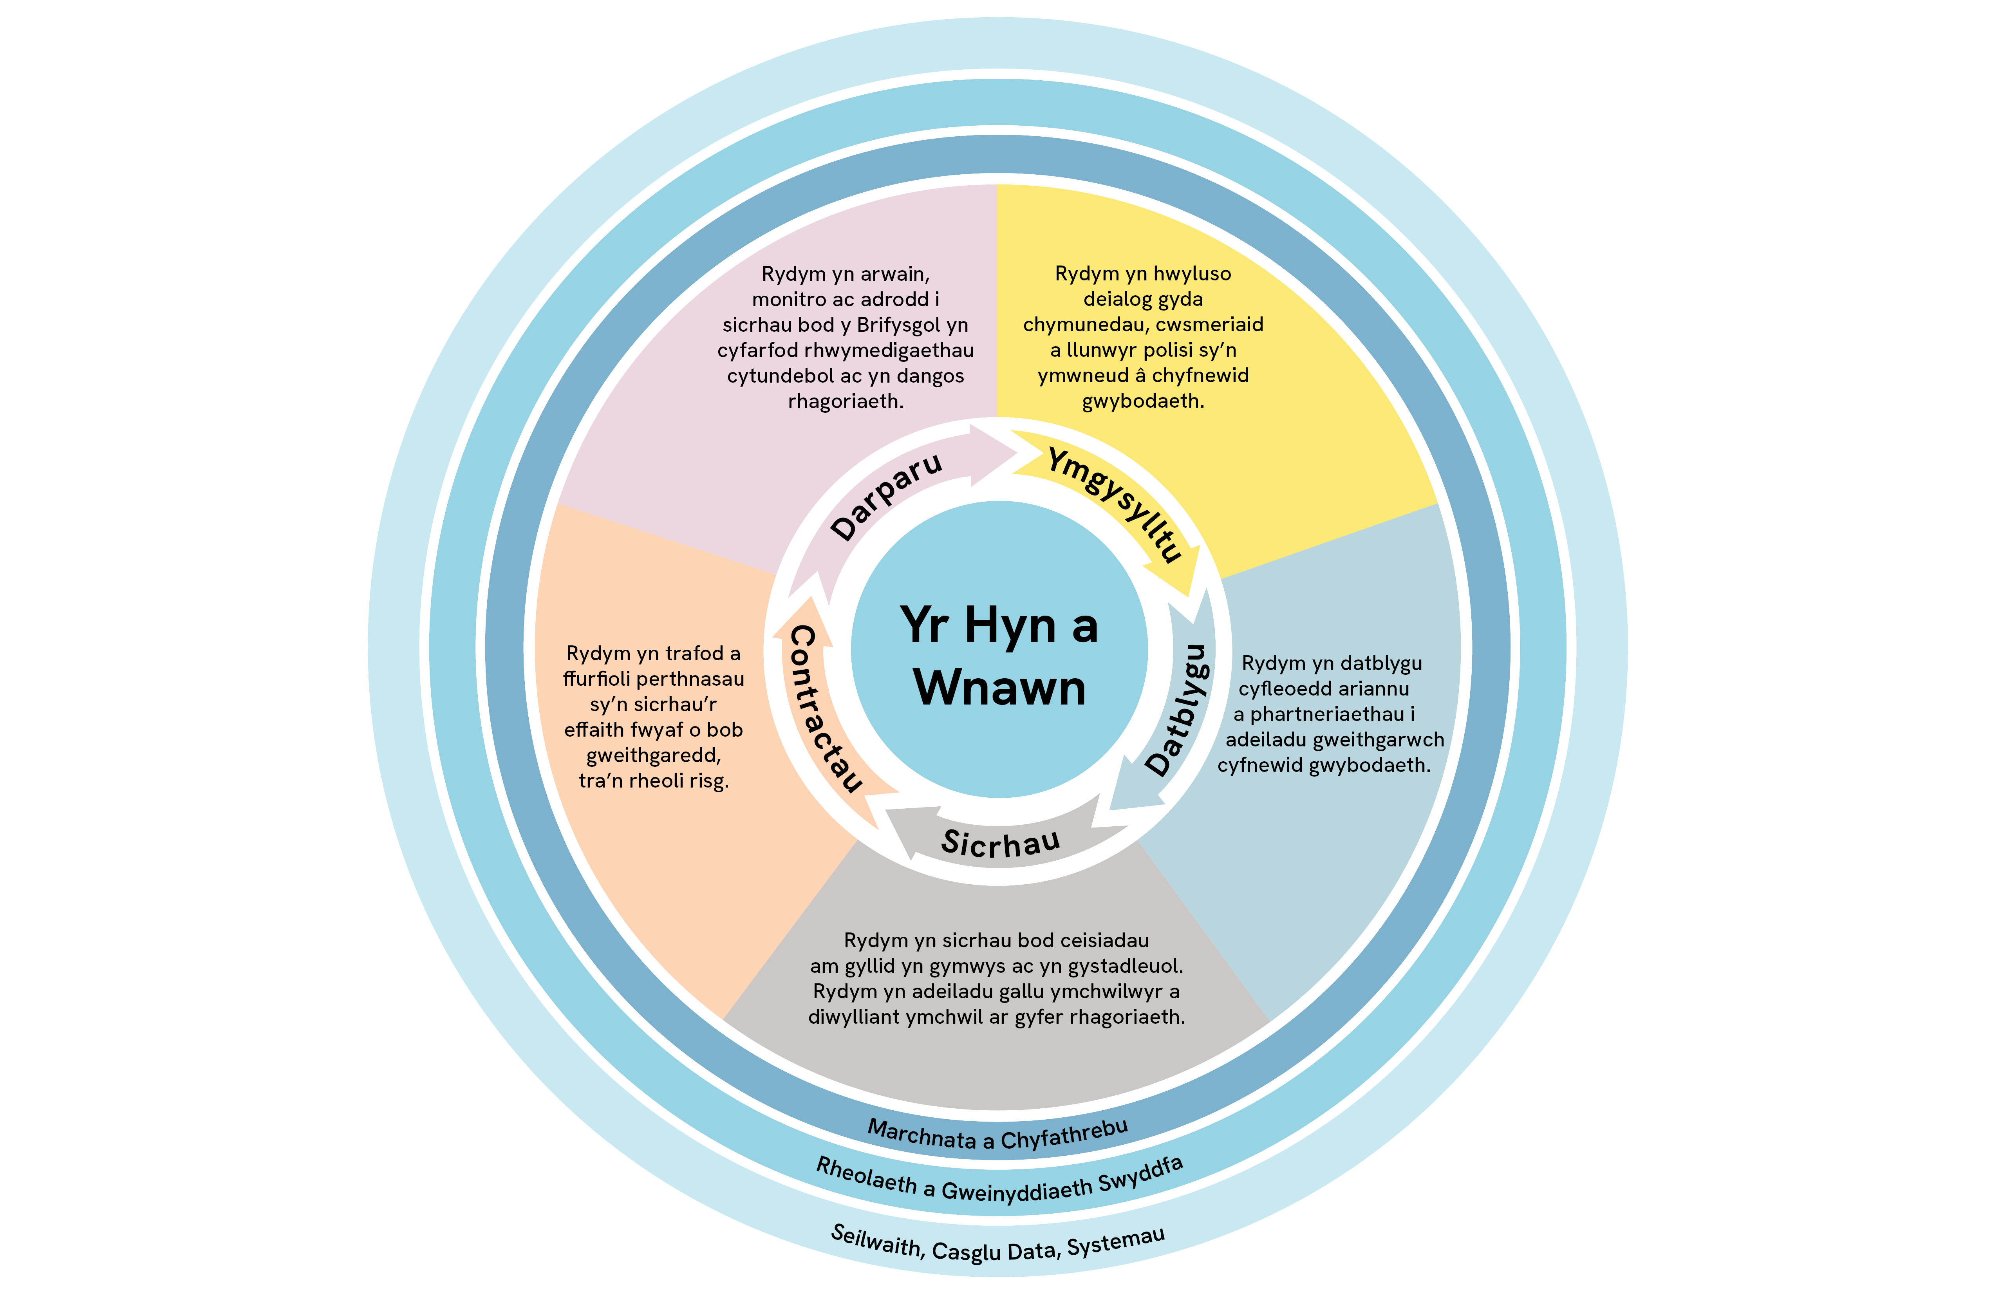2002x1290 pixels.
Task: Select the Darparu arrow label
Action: [886, 496]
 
